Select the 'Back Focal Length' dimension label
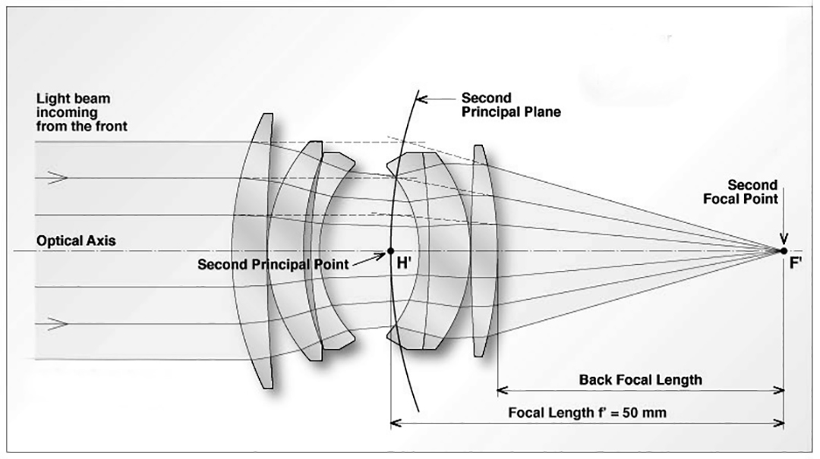(x=640, y=379)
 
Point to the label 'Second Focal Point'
(x=752, y=192)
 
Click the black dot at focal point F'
(x=784, y=250)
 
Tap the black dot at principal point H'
(x=390, y=250)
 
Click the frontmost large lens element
(x=254, y=250)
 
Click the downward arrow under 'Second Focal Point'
(x=784, y=231)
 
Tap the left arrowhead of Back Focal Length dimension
(x=502, y=391)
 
